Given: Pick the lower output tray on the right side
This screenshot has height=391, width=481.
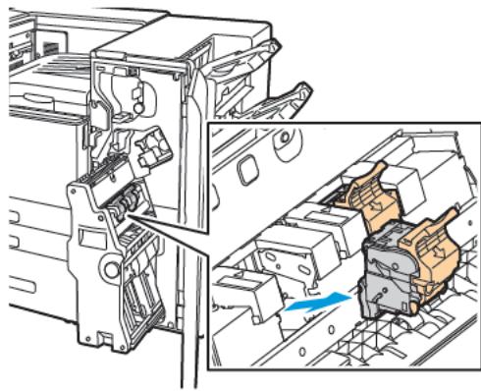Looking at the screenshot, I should pyautogui.click(x=285, y=98).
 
